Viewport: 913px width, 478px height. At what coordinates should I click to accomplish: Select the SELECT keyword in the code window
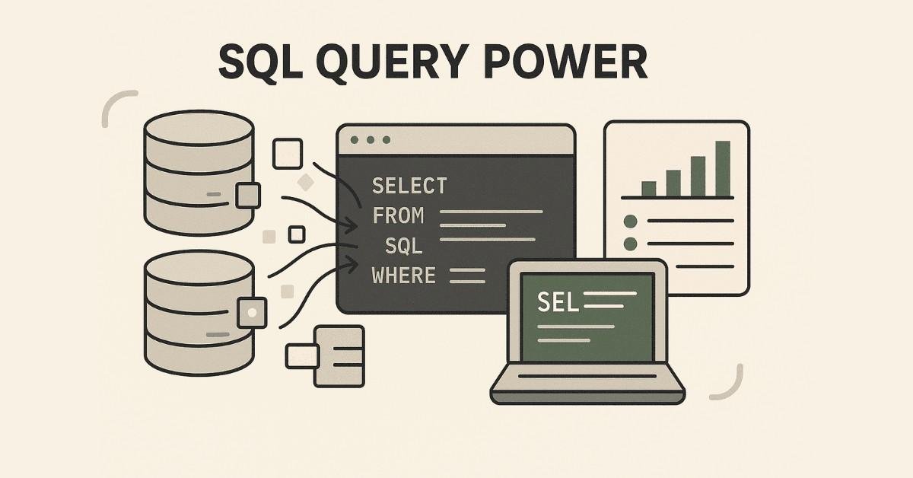tap(409, 186)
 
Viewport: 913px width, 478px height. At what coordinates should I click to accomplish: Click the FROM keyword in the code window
tap(398, 216)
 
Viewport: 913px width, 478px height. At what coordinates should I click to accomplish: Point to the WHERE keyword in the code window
tap(404, 275)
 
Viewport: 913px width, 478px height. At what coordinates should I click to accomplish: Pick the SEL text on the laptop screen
tap(558, 302)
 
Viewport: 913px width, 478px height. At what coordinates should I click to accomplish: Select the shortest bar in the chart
tap(649, 189)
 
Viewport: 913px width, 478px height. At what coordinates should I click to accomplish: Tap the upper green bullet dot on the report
tap(630, 221)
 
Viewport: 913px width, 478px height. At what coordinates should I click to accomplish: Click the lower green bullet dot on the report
tap(630, 244)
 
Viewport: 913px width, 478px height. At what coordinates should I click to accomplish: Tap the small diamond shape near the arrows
tap(306, 182)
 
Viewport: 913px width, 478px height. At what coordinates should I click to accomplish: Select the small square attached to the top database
tap(249, 195)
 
